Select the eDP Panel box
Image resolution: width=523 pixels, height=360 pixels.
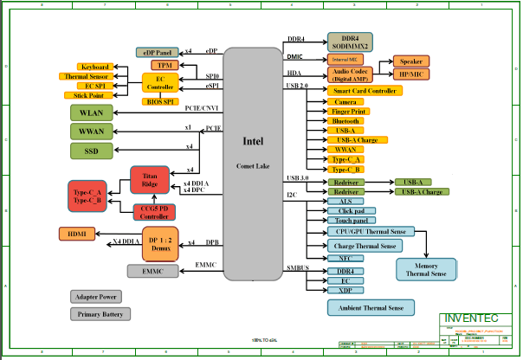[158, 53]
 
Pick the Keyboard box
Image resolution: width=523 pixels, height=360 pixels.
[94, 67]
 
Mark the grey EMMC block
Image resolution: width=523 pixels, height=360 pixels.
[152, 272]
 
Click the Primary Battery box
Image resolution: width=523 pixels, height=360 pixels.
[102, 314]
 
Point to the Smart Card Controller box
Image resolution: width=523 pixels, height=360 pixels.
[365, 91]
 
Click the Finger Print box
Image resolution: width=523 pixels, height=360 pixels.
[350, 112]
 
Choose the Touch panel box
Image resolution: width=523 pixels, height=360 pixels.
[352, 221]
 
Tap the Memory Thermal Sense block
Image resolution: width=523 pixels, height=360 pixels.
[427, 269]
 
